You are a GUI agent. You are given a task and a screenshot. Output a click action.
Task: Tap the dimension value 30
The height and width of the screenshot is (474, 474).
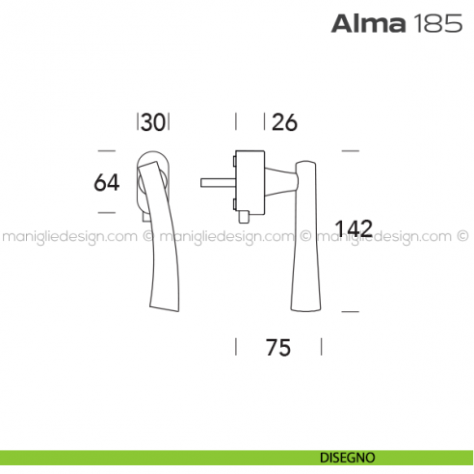click(x=153, y=122)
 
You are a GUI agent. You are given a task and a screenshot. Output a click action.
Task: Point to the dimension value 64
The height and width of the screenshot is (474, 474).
click(x=107, y=181)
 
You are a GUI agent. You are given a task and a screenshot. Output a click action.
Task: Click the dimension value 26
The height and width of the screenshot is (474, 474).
click(x=284, y=122)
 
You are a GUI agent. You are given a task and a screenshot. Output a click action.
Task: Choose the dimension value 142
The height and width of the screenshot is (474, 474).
click(x=353, y=229)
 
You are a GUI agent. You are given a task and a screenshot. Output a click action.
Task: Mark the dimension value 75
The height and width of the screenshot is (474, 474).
click(x=277, y=347)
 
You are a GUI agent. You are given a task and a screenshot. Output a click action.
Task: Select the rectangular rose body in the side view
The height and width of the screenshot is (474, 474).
click(x=249, y=179)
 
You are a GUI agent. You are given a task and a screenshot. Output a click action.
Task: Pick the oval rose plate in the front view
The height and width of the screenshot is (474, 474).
click(x=154, y=164)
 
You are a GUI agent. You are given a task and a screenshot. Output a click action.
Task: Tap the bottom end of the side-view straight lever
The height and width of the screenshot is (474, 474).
click(x=306, y=306)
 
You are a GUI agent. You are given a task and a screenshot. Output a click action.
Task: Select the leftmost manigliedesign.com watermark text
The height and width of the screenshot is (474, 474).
click(x=68, y=234)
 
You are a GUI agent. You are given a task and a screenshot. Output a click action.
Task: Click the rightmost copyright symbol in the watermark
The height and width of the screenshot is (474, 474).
click(x=461, y=234)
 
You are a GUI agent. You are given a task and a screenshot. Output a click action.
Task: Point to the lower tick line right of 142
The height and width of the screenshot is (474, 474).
click(x=351, y=311)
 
